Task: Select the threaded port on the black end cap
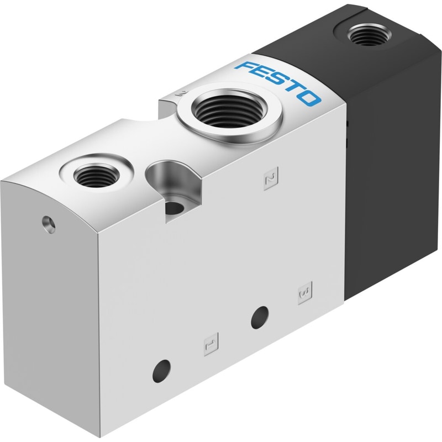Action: (x=370, y=34)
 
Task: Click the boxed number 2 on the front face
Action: (x=271, y=178)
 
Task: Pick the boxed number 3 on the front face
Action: (x=305, y=293)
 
